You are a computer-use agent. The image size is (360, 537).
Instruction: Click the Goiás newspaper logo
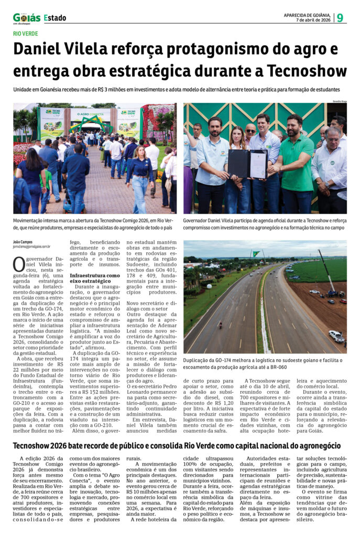click(27, 18)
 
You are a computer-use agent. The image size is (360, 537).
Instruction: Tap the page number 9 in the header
click(340, 18)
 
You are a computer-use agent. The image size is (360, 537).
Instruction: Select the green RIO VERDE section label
click(26, 34)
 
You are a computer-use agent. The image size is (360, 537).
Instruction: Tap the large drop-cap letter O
click(19, 264)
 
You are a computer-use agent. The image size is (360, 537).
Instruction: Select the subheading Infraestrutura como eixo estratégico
click(94, 278)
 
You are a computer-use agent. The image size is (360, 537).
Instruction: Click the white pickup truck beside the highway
click(336, 336)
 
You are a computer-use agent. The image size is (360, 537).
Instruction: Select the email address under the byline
click(31, 246)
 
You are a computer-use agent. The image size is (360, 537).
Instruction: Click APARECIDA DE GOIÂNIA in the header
click(307, 15)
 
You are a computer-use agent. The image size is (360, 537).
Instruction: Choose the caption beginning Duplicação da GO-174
click(262, 363)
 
